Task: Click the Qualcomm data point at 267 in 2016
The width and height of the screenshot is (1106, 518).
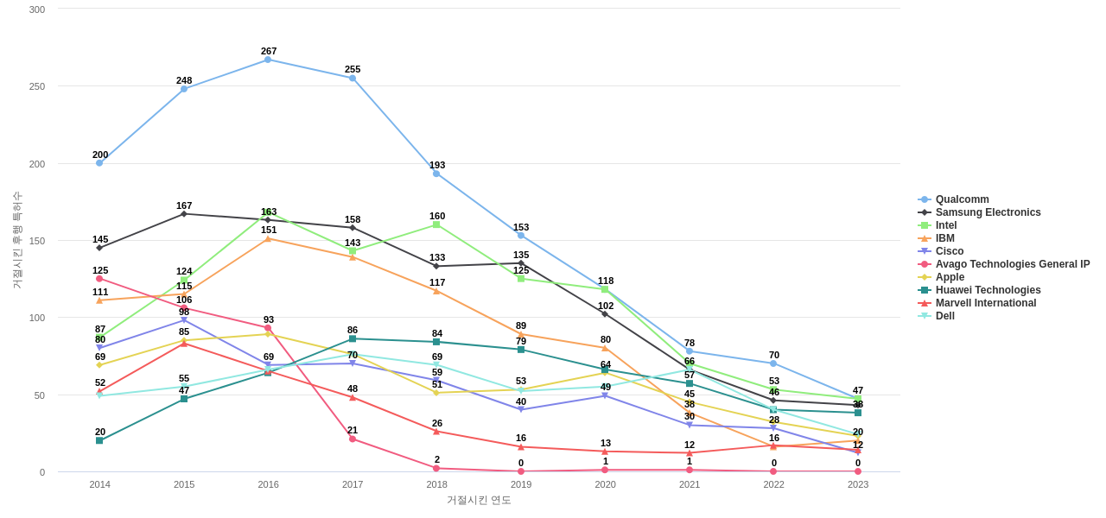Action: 268,60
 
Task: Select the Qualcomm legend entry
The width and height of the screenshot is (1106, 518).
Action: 962,199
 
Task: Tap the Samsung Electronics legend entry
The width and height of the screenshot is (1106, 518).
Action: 988,212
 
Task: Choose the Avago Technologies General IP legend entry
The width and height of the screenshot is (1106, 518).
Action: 1012,264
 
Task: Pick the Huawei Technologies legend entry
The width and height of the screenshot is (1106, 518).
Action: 988,290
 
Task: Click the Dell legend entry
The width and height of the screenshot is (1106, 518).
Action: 944,316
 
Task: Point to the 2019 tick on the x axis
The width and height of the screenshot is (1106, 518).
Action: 521,484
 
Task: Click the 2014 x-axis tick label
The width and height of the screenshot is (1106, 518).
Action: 99,484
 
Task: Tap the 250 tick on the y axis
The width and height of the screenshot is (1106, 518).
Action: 37,86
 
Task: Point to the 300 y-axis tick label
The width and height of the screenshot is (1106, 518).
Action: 37,9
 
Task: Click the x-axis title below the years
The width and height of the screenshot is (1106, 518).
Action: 479,500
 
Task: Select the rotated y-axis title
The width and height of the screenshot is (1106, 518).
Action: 17,240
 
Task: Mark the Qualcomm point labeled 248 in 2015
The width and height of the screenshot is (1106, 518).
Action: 184,89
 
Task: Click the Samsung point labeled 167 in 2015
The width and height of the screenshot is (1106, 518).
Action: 184,213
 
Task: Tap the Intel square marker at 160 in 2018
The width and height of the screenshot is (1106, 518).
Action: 436,224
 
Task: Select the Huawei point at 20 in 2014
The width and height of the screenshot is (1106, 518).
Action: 99,440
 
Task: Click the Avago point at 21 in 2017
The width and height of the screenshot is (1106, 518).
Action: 353,439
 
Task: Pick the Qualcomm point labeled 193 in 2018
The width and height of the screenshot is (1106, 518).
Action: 436,174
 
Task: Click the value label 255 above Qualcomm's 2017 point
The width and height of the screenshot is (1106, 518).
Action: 353,69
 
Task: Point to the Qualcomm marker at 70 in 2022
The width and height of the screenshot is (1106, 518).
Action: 773,363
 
